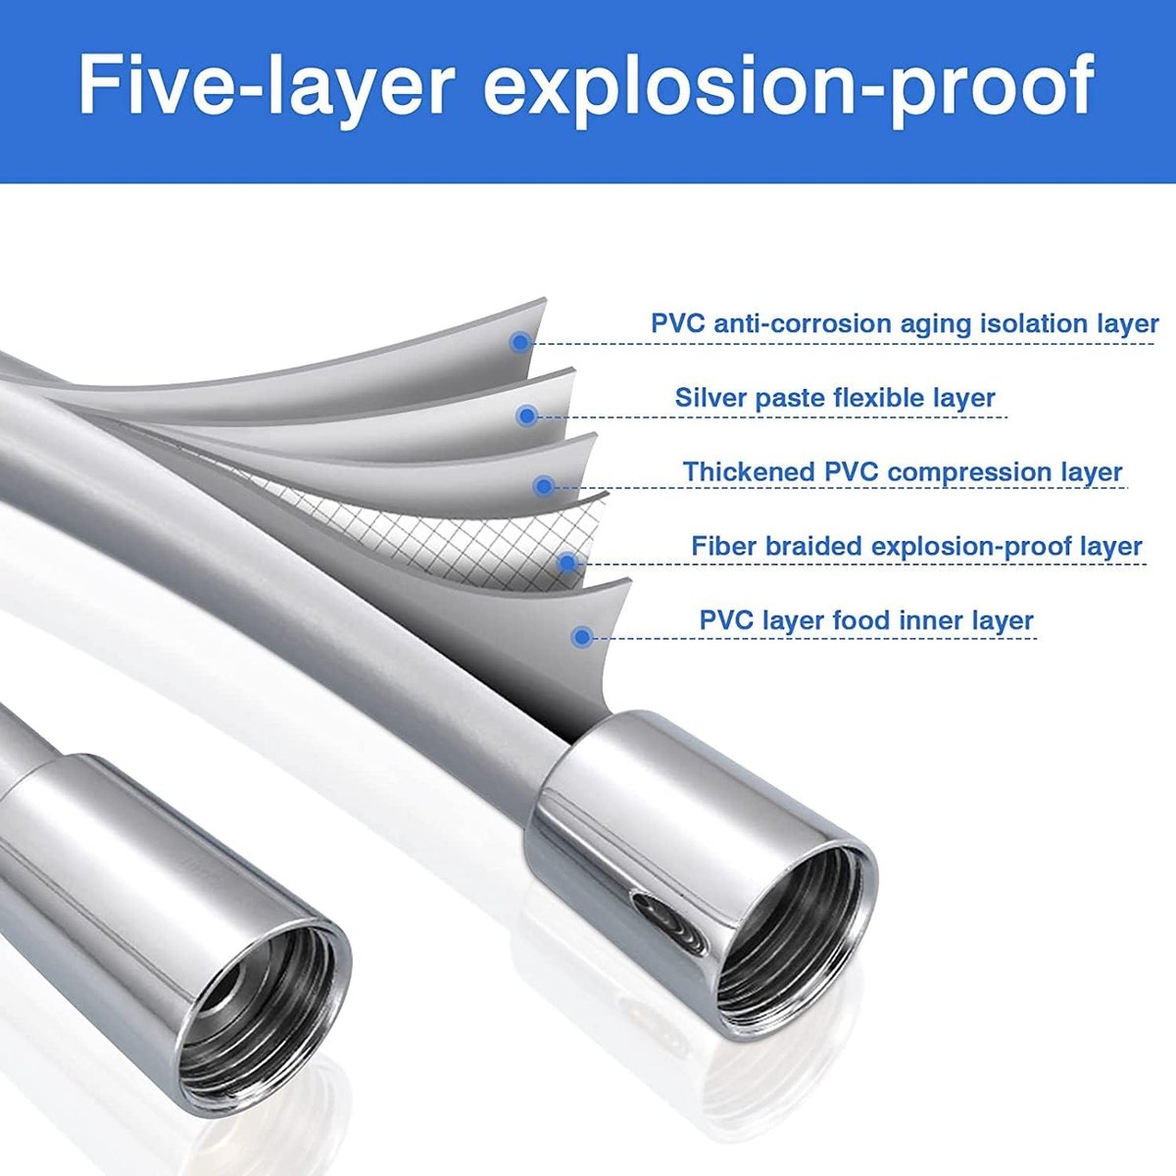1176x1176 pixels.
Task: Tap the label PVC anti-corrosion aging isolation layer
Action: tap(905, 324)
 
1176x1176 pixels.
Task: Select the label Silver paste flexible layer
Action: tap(835, 399)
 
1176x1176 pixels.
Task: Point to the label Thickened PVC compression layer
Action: tap(903, 472)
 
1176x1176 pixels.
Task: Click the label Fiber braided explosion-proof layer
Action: tap(916, 546)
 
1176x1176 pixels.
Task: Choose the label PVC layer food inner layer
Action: tap(866, 620)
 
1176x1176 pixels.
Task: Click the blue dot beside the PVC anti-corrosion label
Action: tap(520, 342)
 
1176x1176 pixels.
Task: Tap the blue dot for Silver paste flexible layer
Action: tap(526, 416)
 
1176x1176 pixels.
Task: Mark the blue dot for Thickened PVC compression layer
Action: tap(543, 486)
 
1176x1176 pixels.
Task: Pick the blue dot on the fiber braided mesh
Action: tap(567, 563)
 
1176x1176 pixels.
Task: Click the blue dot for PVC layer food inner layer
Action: tap(582, 637)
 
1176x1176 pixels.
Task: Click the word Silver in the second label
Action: tap(710, 398)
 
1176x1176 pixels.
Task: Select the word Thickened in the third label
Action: tap(750, 471)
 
